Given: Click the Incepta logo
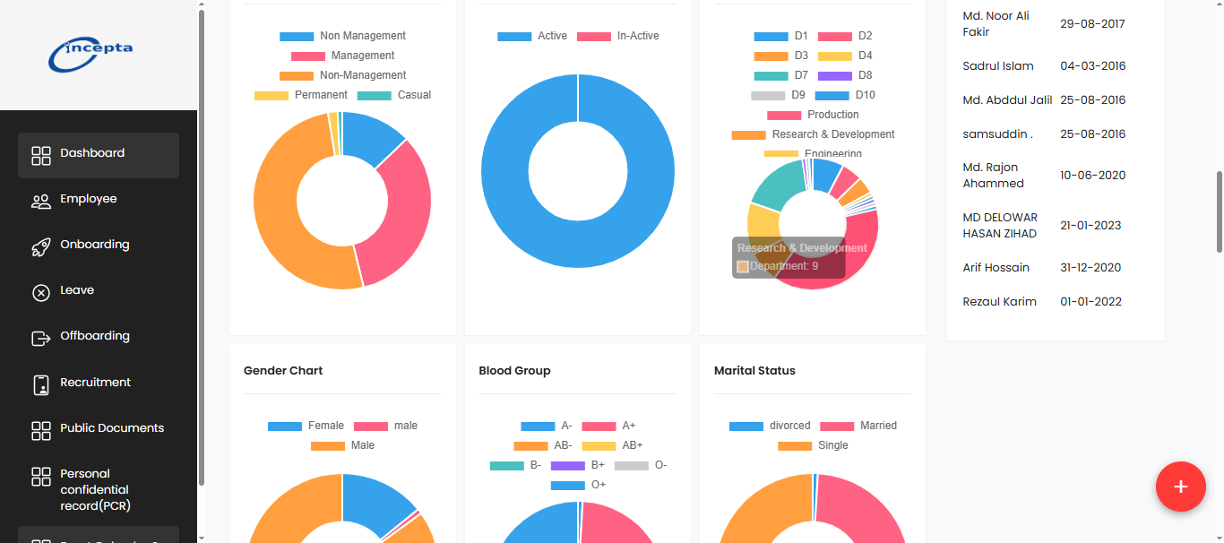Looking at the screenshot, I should tap(91, 54).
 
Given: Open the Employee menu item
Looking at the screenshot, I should tap(88, 199).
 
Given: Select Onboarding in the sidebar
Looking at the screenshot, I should tap(94, 245).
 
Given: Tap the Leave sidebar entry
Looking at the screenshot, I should tap(77, 290).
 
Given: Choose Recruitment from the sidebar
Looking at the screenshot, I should tap(95, 383).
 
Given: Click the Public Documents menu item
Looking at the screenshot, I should tap(111, 428).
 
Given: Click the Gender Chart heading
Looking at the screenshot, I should tap(283, 370).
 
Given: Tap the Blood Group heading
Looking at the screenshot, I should tap(514, 370).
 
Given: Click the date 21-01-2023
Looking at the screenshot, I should tap(1090, 225).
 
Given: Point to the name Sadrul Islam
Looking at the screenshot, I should tap(998, 65).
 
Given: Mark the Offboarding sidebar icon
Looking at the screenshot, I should tap(40, 337).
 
